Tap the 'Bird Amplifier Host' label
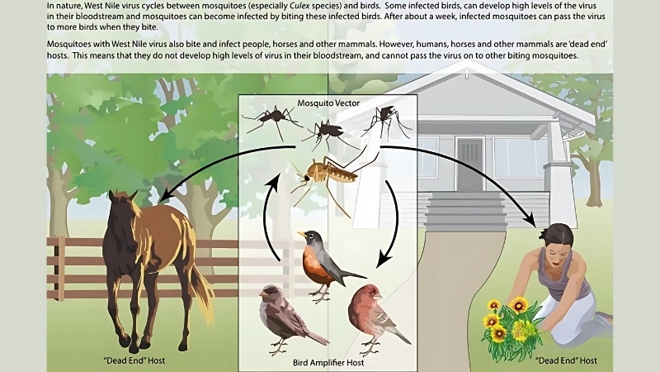(x=329, y=361)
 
